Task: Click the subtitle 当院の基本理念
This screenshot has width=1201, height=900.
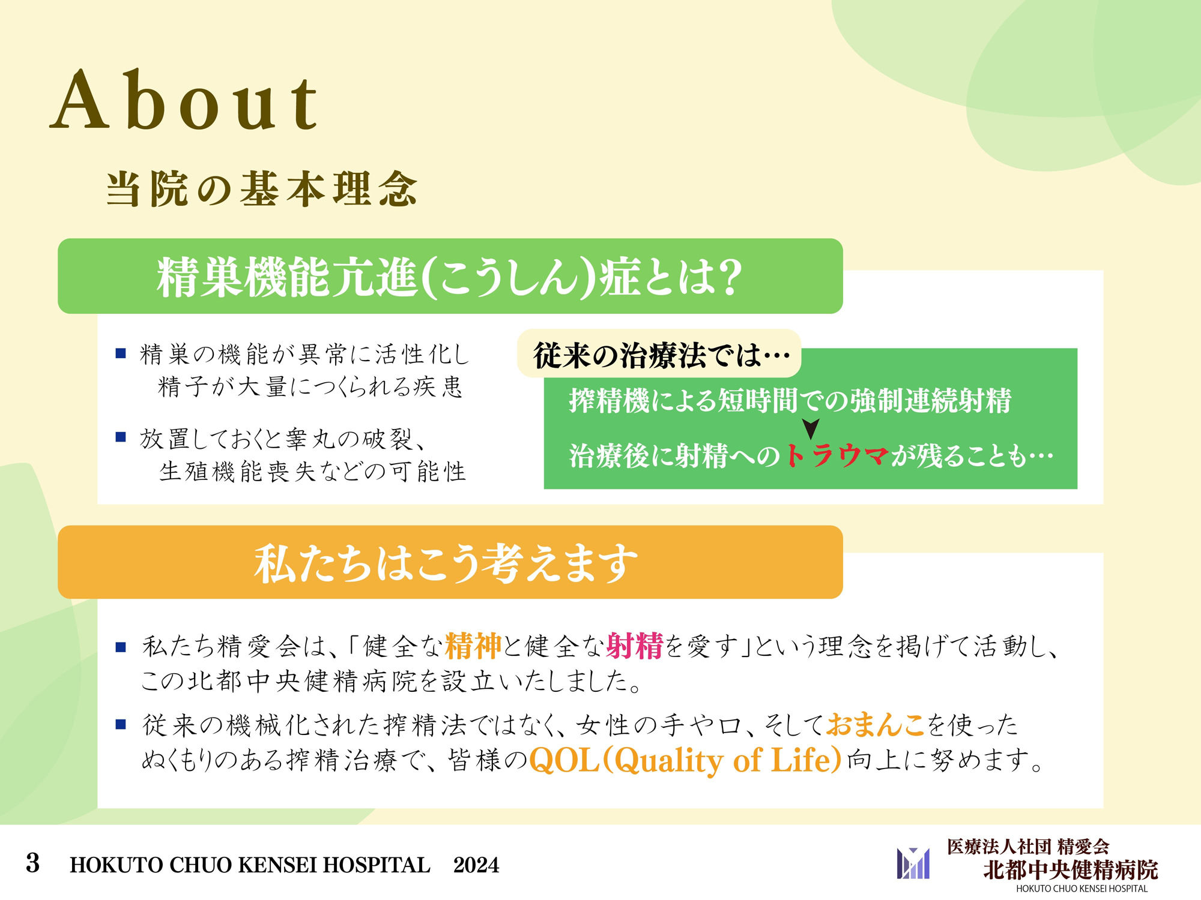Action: [262, 189]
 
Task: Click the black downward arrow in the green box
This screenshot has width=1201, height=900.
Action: [811, 428]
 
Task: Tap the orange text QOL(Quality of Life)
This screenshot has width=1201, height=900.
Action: [685, 761]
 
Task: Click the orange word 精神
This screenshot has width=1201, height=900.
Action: [473, 646]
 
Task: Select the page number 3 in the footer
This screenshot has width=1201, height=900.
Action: [33, 864]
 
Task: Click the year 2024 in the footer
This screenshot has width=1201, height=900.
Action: [476, 865]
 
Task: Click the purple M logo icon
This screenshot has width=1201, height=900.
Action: [913, 863]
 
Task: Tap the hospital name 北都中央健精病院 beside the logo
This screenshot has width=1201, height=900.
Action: [1070, 870]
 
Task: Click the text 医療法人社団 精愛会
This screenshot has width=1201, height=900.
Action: [1027, 847]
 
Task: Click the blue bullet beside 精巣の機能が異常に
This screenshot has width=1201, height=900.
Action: [121, 353]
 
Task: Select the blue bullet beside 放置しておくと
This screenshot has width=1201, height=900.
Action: [121, 437]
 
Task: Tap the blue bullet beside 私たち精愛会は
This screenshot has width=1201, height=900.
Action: [121, 647]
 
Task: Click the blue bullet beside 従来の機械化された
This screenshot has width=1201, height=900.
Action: [121, 725]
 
